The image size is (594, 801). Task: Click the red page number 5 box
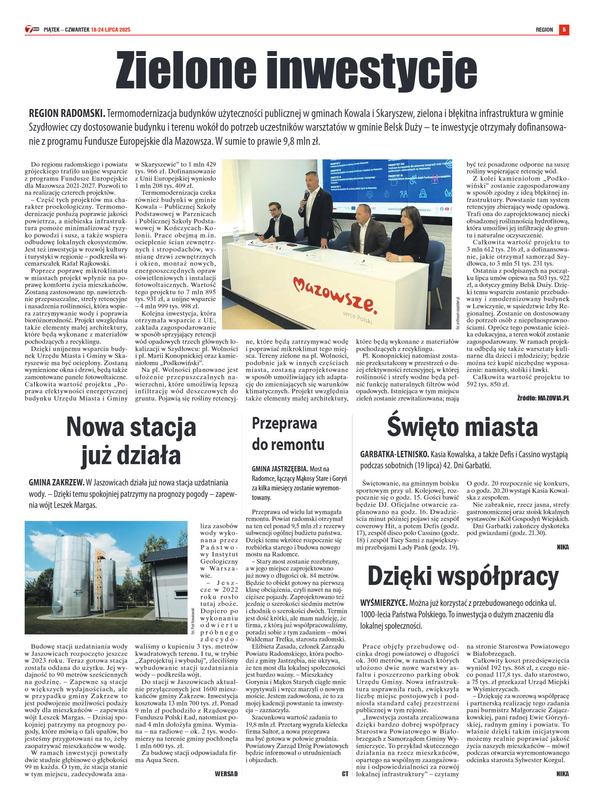click(x=564, y=29)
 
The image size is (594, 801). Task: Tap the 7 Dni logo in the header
click(x=32, y=29)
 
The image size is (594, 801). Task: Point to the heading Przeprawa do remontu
click(x=288, y=434)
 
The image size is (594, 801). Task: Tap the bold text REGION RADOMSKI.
click(x=67, y=114)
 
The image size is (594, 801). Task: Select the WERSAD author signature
click(x=226, y=774)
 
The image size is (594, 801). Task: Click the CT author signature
click(x=345, y=774)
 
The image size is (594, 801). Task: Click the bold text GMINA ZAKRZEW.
click(x=56, y=483)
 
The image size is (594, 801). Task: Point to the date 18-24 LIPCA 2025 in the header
click(x=111, y=30)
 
